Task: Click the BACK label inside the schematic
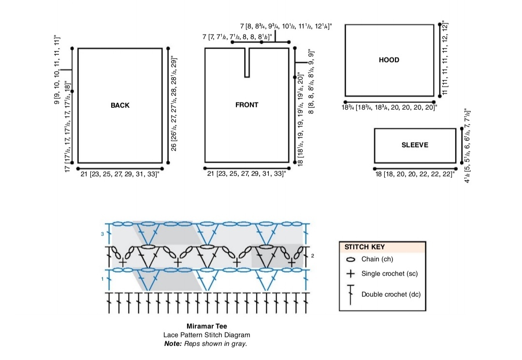pyautogui.click(x=120, y=105)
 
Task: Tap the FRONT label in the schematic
pyautogui.click(x=246, y=105)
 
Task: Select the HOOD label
pyautogui.click(x=389, y=60)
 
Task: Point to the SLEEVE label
pyautogui.click(x=415, y=145)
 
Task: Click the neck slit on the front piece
pyautogui.click(x=247, y=62)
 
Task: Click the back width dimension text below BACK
pyautogui.click(x=120, y=174)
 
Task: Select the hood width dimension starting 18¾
pyautogui.click(x=389, y=107)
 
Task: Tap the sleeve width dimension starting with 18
pyautogui.click(x=415, y=174)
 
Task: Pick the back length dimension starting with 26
pyautogui.click(x=174, y=104)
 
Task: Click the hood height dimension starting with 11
pyautogui.click(x=445, y=58)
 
